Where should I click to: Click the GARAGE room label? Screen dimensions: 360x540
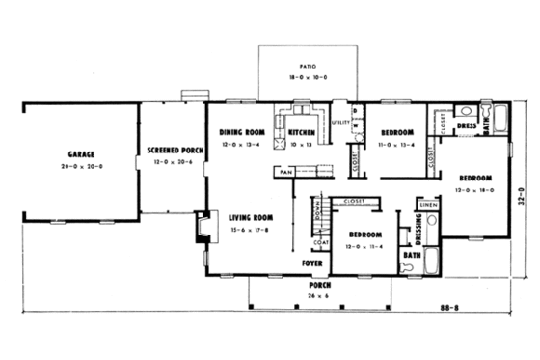coord(79,154)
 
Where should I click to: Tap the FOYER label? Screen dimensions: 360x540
coord(310,263)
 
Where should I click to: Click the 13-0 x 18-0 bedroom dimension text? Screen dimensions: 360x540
coord(475,191)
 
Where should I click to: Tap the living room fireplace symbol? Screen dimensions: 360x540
coord(202,226)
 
